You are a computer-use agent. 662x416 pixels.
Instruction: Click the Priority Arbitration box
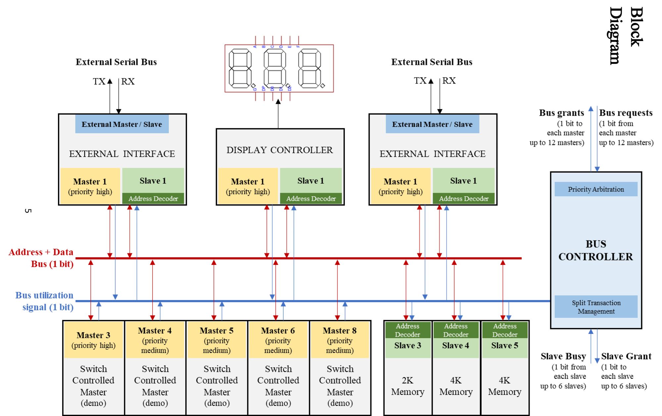click(x=596, y=189)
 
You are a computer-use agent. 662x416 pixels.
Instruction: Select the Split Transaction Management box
click(x=596, y=307)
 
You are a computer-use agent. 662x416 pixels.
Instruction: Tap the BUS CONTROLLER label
click(x=595, y=250)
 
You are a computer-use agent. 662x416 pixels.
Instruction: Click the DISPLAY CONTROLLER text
click(x=279, y=150)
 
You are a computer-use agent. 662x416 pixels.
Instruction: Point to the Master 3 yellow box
click(x=93, y=340)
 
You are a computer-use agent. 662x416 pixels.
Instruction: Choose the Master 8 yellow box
click(x=340, y=340)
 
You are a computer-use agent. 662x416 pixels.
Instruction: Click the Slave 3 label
click(x=407, y=346)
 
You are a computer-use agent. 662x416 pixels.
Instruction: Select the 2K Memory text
click(x=407, y=386)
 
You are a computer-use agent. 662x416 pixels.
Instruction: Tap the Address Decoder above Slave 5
click(x=504, y=330)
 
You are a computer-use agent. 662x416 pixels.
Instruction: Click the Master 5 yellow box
click(x=216, y=340)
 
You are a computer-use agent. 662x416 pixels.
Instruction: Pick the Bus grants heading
click(x=561, y=113)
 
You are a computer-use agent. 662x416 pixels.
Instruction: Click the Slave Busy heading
click(x=563, y=356)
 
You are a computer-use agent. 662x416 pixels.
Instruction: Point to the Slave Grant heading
click(x=626, y=356)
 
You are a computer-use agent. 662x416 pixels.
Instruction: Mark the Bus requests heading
click(x=626, y=113)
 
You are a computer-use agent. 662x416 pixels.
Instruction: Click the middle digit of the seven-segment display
click(x=275, y=68)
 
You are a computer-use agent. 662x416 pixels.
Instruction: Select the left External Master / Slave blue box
click(x=122, y=124)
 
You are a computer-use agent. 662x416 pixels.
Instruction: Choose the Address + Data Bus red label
click(x=41, y=258)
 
